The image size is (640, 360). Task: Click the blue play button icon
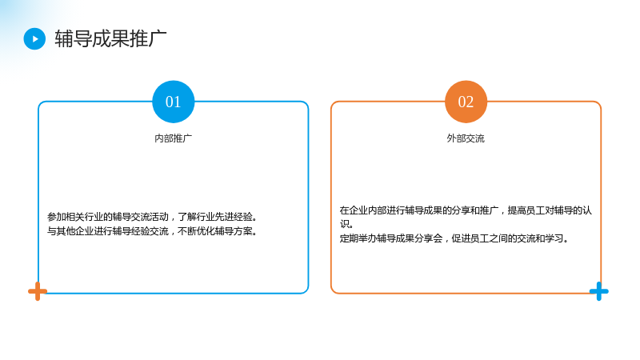tap(34, 38)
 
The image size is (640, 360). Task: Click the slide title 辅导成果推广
tap(110, 38)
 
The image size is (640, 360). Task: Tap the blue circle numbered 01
tap(173, 102)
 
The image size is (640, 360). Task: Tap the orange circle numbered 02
tap(466, 102)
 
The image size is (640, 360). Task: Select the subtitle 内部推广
tap(173, 138)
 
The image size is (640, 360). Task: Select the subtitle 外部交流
tap(466, 138)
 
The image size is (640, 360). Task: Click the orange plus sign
tap(38, 291)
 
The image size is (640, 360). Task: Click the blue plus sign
tap(598, 291)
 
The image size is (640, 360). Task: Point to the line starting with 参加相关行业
tap(152, 217)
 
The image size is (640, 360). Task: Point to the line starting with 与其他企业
tap(152, 231)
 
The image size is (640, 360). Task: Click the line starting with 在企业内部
tap(466, 210)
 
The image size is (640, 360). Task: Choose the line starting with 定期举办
tap(454, 238)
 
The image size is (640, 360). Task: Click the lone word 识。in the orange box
tap(346, 224)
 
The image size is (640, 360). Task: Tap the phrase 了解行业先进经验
tap(218, 217)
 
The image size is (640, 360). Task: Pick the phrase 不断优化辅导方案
tap(218, 231)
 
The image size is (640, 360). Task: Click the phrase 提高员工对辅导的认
tap(550, 210)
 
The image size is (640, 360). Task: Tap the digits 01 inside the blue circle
tap(173, 102)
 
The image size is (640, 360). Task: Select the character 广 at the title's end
tap(158, 38)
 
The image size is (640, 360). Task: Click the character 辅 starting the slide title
tap(64, 38)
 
